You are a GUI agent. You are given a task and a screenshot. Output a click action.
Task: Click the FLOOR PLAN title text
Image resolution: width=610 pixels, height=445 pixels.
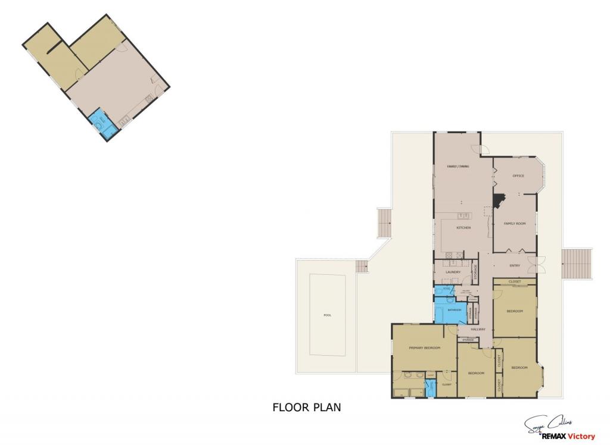[306, 408]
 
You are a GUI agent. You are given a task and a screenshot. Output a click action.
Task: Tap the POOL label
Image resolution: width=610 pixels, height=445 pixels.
[326, 315]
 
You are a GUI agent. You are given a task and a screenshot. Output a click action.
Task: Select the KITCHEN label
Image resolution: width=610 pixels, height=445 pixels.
[463, 228]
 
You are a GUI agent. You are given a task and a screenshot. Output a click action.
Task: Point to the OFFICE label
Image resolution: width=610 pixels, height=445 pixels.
[518, 176]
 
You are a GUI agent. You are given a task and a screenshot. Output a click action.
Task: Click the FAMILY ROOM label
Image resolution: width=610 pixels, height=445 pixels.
[514, 223]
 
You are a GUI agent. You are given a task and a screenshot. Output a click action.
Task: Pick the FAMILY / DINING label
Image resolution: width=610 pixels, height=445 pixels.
[458, 167]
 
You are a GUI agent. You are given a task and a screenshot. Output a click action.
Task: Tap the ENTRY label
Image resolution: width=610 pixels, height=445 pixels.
[515, 265]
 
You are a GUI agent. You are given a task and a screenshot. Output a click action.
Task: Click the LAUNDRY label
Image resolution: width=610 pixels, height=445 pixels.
[453, 272]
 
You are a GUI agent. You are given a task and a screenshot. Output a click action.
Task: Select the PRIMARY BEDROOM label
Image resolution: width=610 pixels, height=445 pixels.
[424, 347]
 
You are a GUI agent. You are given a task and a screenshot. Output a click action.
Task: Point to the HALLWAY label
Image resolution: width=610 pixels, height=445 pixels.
[478, 330]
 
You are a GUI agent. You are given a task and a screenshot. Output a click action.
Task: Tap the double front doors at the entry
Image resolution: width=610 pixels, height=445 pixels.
[540, 265]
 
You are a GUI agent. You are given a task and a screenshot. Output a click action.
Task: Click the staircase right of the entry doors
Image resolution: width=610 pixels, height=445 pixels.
[577, 264]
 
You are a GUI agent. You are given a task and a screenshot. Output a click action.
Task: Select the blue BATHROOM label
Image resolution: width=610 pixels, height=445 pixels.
[455, 310]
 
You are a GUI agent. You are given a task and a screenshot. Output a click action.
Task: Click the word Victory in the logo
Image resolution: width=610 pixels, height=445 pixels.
[580, 437]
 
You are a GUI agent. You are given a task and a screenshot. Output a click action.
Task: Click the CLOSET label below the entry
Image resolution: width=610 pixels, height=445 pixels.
[515, 281]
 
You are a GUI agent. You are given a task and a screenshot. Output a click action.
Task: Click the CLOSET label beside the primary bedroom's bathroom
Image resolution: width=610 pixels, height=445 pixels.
[446, 384]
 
